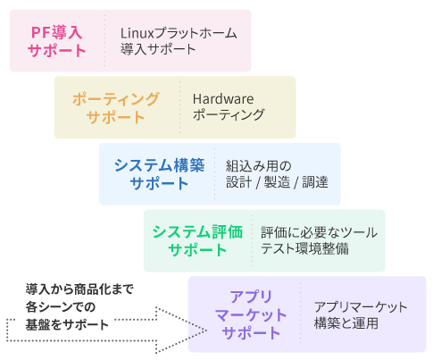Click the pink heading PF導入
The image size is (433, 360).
pyautogui.click(x=56, y=32)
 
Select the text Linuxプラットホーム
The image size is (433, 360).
pyautogui.click(x=179, y=33)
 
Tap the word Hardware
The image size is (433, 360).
pyautogui.click(x=223, y=99)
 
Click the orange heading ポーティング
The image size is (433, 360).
pyautogui.click(x=116, y=99)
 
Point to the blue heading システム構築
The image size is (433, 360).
pyautogui.click(x=160, y=165)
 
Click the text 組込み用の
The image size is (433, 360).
pyautogui.click(x=258, y=166)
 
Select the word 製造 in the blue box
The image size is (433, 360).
pyautogui.click(x=277, y=182)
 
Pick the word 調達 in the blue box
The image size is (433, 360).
pyautogui.click(x=315, y=182)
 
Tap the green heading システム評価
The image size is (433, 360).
pyautogui.click(x=197, y=232)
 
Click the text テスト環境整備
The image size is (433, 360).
pyautogui.click(x=304, y=248)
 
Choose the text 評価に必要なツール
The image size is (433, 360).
pyautogui.click(x=320, y=232)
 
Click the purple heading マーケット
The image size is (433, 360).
pyautogui.click(x=251, y=314)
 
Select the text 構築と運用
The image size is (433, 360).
pyautogui.click(x=346, y=323)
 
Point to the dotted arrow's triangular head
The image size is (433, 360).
pyautogui.click(x=181, y=331)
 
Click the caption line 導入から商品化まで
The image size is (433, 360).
pyautogui.click(x=79, y=289)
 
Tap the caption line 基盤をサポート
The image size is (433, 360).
pyautogui.click(x=67, y=325)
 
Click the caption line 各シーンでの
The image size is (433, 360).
pyautogui.click(x=61, y=307)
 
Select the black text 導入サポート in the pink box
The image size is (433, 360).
pyautogui.click(x=158, y=49)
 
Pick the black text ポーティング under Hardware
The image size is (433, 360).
pyautogui.click(x=229, y=114)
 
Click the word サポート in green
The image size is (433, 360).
pyautogui.click(x=197, y=249)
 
